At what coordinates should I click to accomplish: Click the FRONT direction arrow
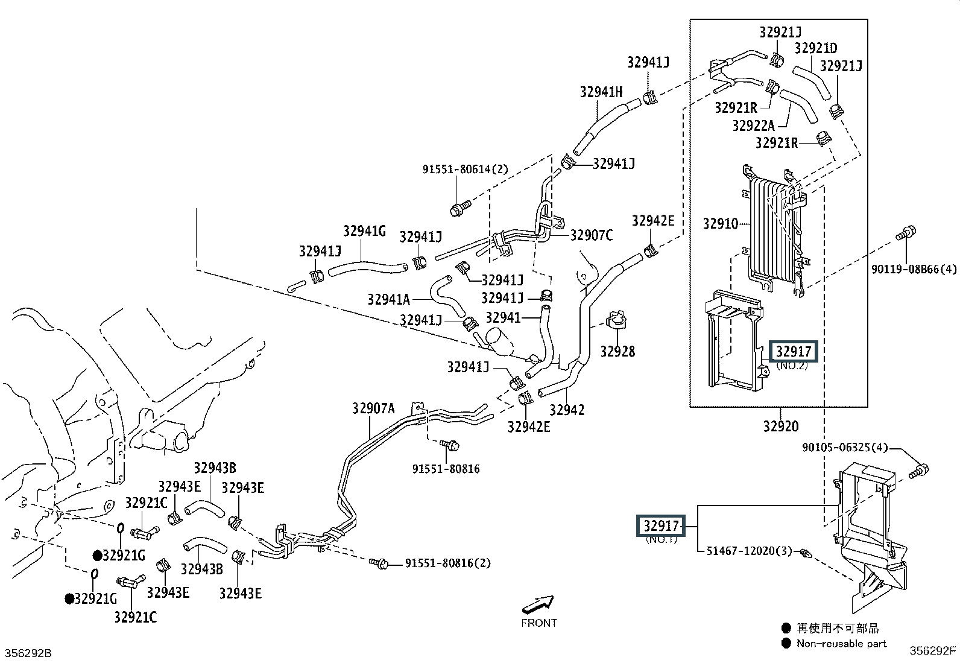538,604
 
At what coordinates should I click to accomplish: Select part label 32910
721,223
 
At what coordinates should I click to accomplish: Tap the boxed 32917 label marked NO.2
794,352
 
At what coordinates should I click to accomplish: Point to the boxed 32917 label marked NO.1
661,526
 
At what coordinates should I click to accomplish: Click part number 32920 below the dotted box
781,427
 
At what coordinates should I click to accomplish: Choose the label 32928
617,352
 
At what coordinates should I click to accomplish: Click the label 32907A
373,408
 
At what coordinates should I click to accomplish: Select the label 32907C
592,235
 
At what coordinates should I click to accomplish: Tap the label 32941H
601,92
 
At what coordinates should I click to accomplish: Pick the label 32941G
364,231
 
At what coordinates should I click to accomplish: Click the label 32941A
389,299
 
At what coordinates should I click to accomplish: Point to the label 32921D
816,48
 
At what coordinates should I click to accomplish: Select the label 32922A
753,125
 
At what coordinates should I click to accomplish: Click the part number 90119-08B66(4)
914,269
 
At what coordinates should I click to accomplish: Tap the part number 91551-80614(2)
465,170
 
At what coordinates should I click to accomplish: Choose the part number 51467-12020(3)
749,551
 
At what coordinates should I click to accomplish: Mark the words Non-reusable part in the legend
841,643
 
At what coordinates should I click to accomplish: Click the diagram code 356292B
28,653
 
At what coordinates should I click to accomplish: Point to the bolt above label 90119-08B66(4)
906,233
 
